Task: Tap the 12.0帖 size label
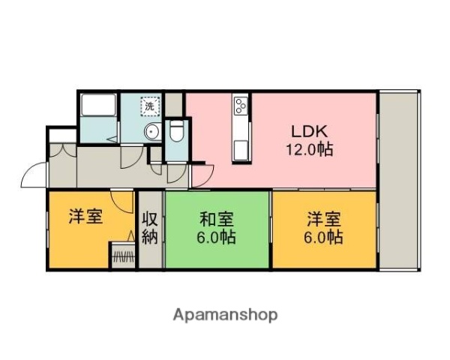tap(308, 148)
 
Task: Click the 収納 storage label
tap(149, 229)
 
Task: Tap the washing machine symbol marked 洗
tap(151, 107)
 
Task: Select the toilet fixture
tap(177, 133)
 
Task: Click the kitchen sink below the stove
tap(241, 148)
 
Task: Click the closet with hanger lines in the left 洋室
tap(123, 256)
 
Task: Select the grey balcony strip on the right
tap(399, 180)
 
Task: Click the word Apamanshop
tap(224, 314)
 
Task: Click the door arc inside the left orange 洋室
tap(120, 201)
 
